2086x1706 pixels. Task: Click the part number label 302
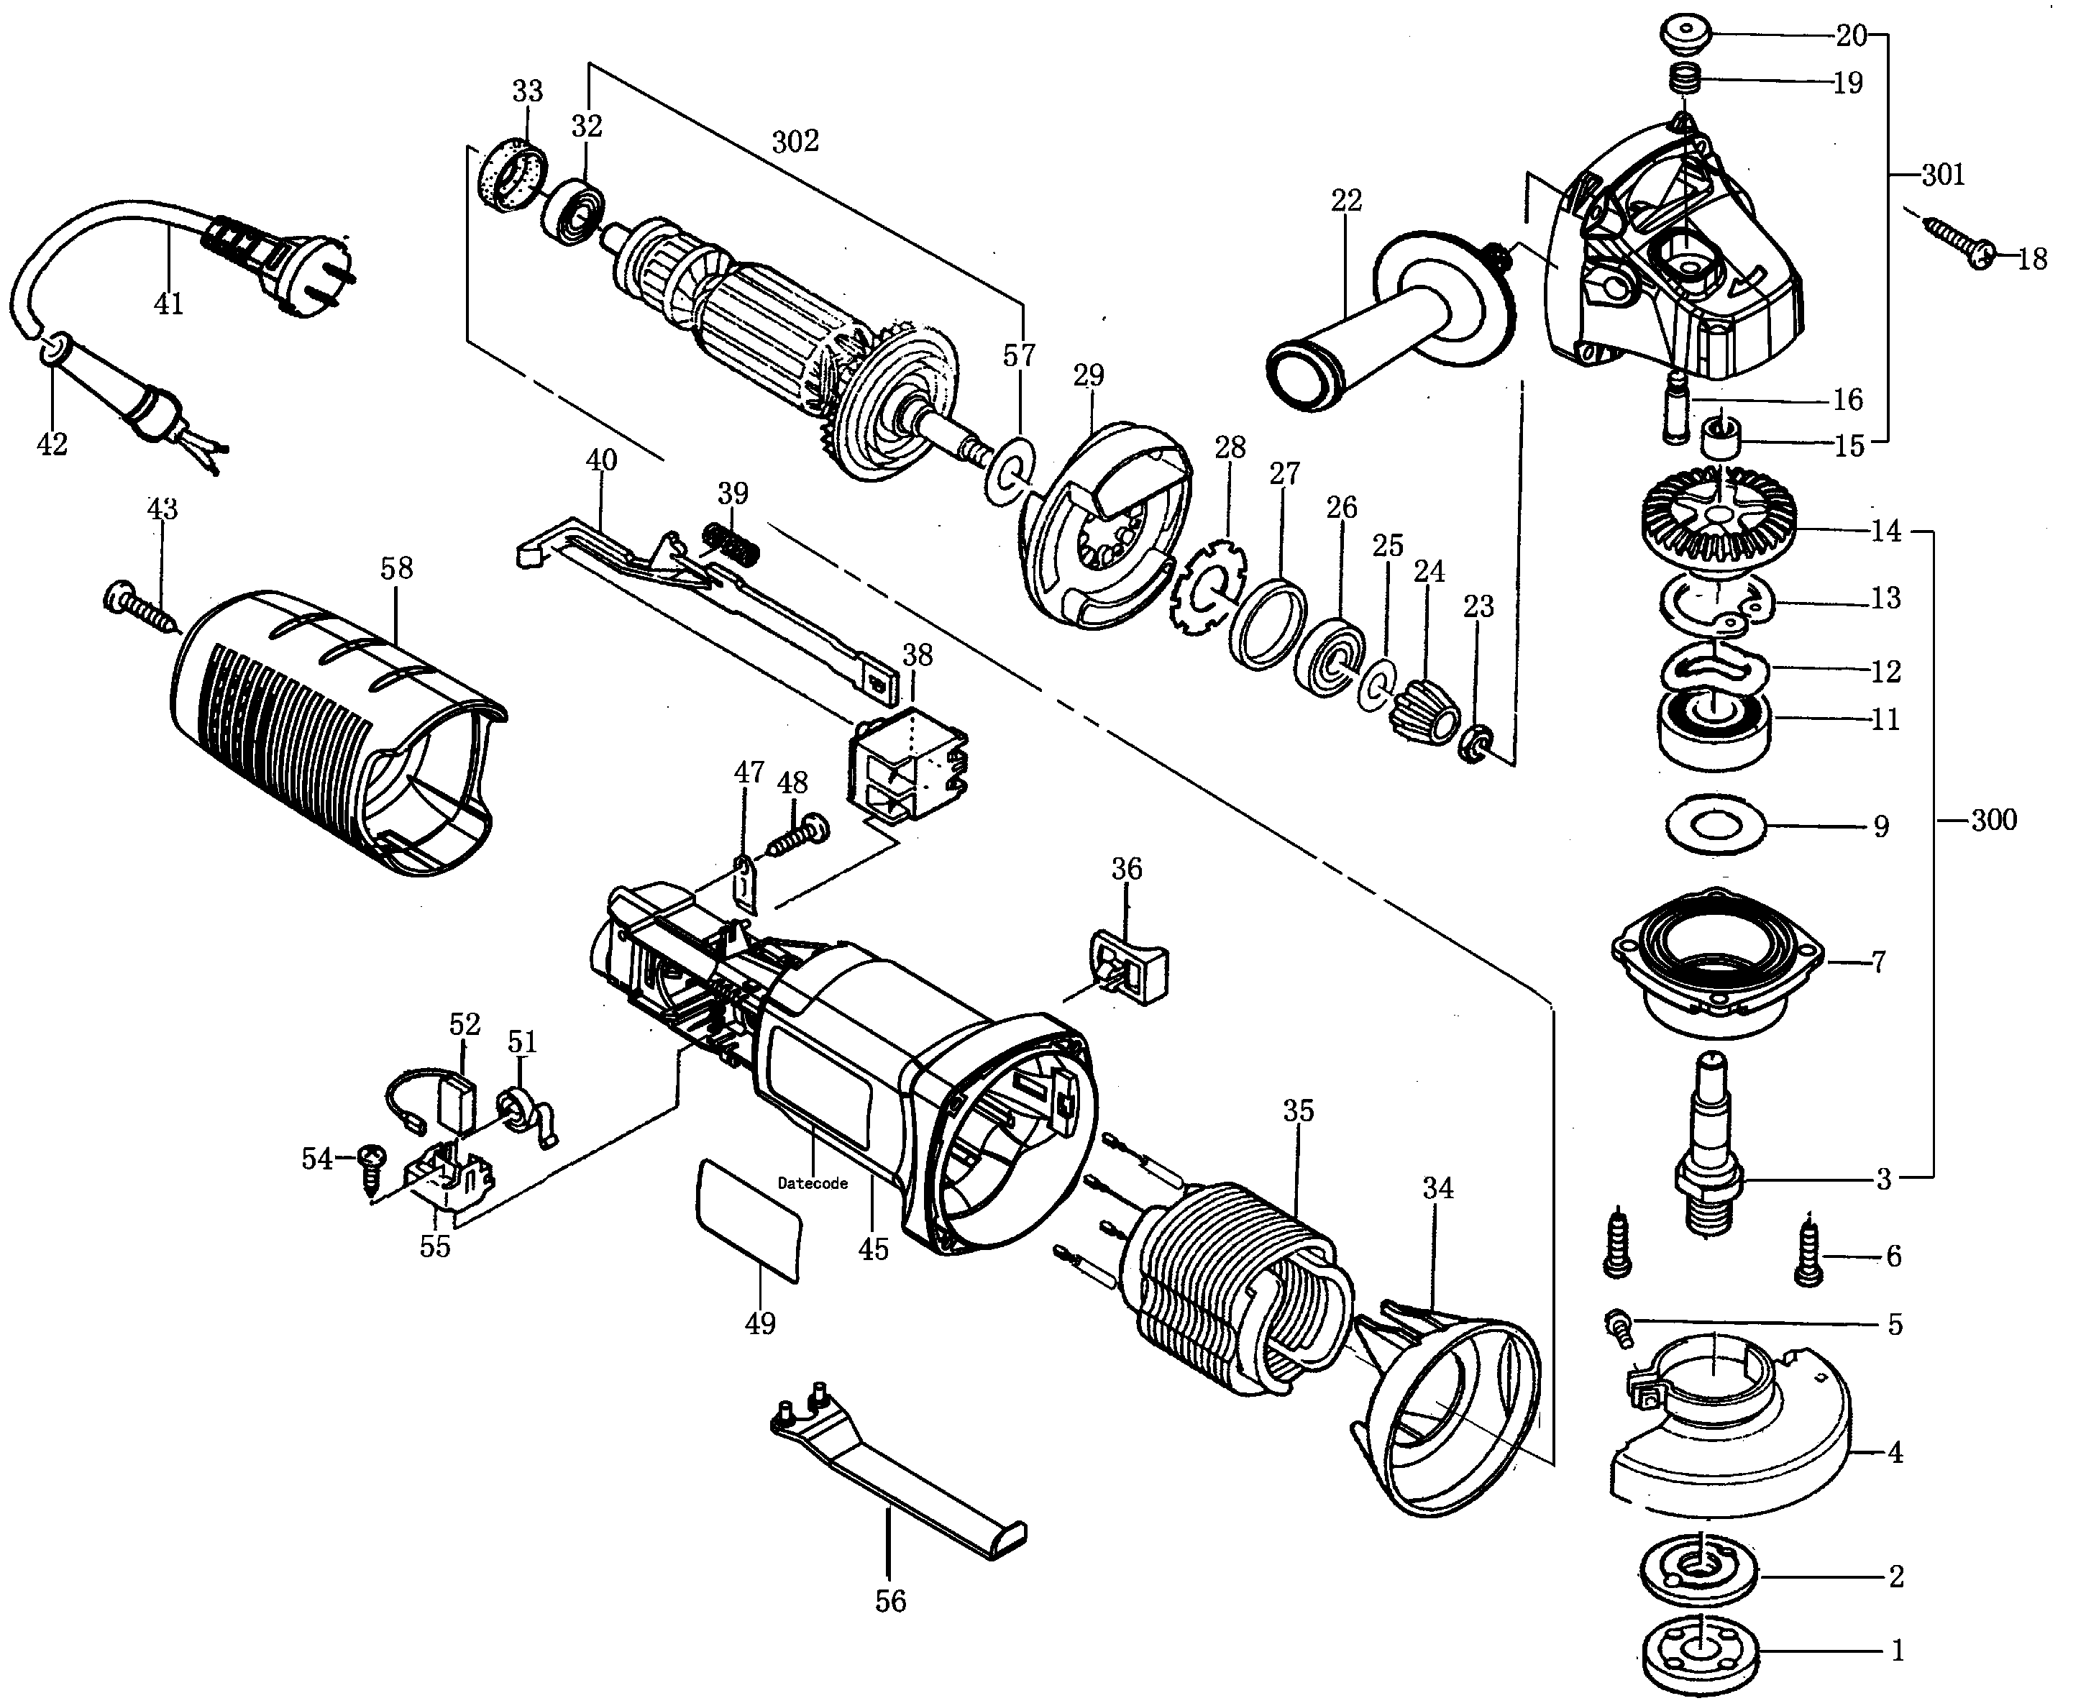pyautogui.click(x=795, y=142)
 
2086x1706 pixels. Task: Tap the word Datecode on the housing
pyautogui.click(x=813, y=1183)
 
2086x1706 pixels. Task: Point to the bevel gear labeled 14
pyautogui.click(x=1719, y=516)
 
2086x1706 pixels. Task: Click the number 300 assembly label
pyautogui.click(x=1994, y=820)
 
